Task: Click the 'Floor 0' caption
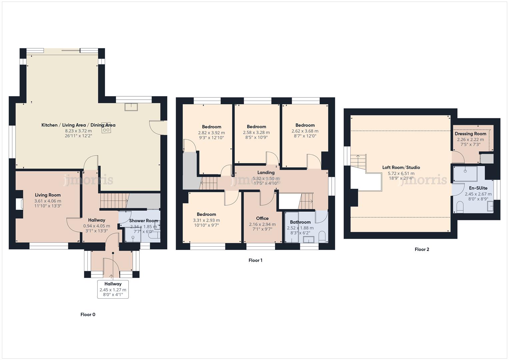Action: click(x=88, y=314)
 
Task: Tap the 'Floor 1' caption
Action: click(x=255, y=260)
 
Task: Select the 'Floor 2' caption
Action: click(x=422, y=249)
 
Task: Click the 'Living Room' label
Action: click(x=48, y=195)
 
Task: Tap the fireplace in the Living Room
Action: click(x=20, y=204)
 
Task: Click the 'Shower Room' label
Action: click(x=143, y=221)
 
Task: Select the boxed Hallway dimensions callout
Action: click(x=113, y=289)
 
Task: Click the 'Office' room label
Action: click(x=262, y=218)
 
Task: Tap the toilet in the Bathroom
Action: click(x=322, y=237)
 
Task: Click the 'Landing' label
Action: click(x=266, y=172)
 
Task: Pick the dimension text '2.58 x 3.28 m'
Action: click(x=256, y=132)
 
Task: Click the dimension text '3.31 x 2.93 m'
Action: click(x=206, y=220)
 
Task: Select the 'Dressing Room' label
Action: click(x=470, y=134)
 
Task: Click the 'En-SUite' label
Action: click(x=478, y=188)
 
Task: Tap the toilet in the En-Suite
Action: click(x=460, y=207)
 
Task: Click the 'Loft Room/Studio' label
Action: click(x=401, y=167)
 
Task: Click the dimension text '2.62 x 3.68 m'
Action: click(x=305, y=131)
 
